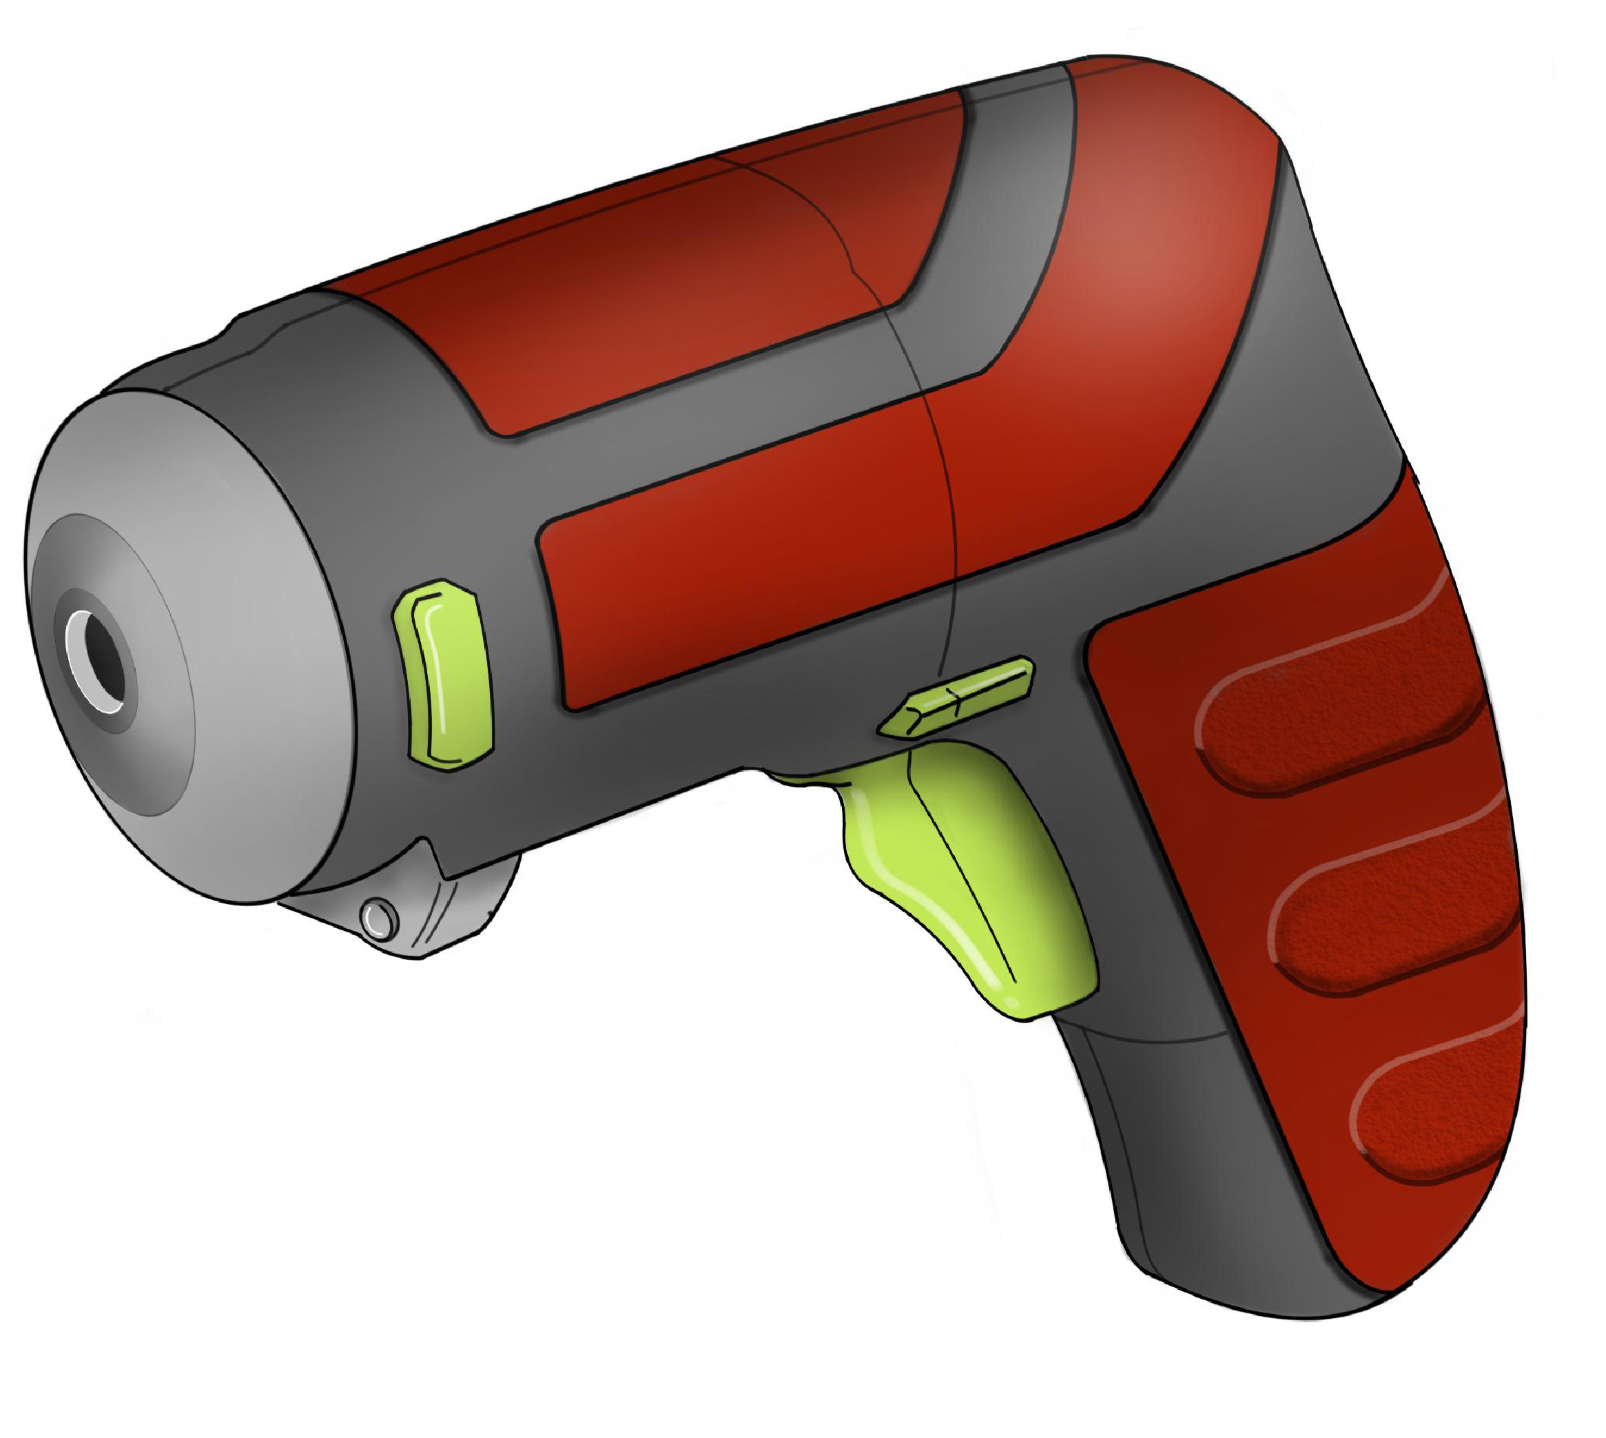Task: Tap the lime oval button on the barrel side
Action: (444, 675)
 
